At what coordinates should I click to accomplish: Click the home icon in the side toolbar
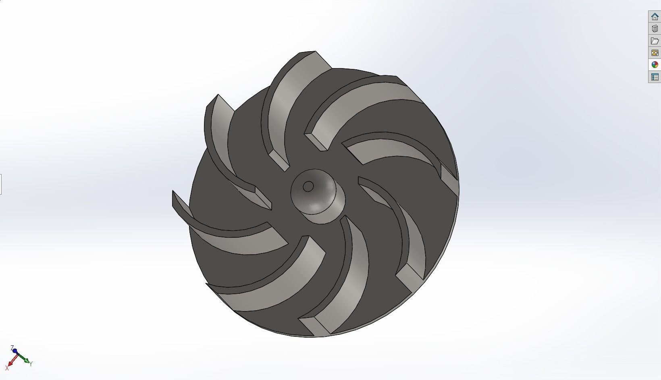tap(655, 17)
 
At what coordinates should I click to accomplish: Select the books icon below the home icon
tap(655, 29)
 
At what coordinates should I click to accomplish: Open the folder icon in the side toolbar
tap(655, 41)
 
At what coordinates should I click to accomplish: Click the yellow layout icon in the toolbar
tap(655, 53)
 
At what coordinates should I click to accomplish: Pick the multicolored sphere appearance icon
tap(655, 64)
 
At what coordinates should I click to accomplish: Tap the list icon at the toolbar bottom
tap(655, 77)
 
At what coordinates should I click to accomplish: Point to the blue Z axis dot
tap(15, 351)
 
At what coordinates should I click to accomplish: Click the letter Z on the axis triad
tap(12, 347)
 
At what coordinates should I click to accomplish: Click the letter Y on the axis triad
tap(31, 363)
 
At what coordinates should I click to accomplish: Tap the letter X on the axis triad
tap(7, 368)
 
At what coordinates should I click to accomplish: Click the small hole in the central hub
tap(308, 187)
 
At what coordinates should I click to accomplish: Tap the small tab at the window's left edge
tap(1, 184)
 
